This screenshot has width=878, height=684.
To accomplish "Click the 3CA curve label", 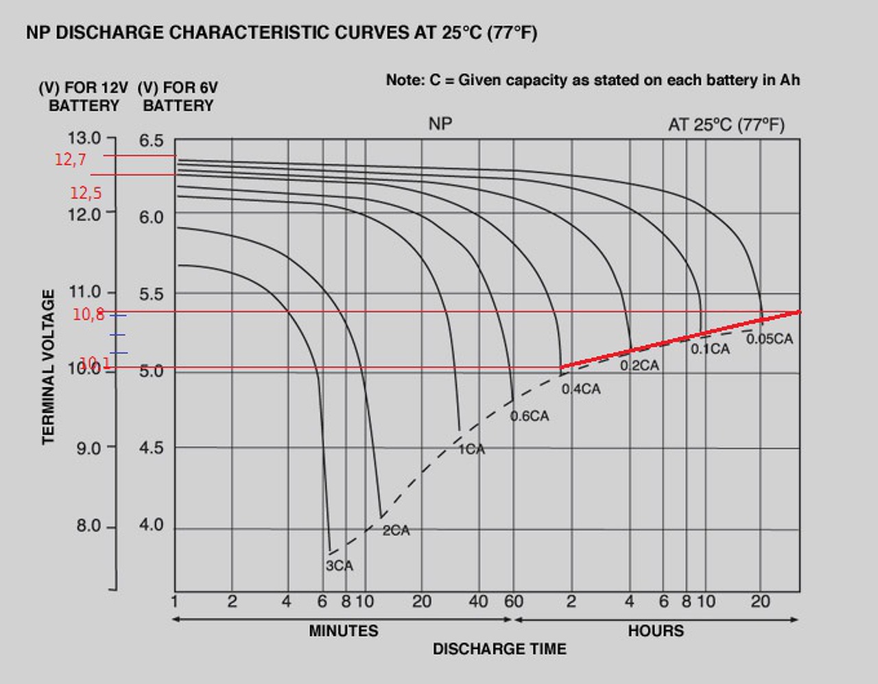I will pyautogui.click(x=339, y=566).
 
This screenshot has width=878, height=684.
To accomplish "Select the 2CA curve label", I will pyautogui.click(x=396, y=531).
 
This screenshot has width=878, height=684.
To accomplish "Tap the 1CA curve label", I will pyautogui.click(x=471, y=449).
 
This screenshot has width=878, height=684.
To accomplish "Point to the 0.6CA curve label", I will pyautogui.click(x=530, y=416).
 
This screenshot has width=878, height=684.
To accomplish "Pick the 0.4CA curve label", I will pyautogui.click(x=581, y=390).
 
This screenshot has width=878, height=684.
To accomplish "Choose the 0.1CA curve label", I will pyautogui.click(x=710, y=349).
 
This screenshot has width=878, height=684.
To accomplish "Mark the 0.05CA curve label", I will pyautogui.click(x=769, y=339).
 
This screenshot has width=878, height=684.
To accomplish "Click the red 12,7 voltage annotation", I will pyautogui.click(x=71, y=160).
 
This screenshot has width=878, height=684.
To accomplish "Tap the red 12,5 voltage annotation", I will pyautogui.click(x=86, y=193).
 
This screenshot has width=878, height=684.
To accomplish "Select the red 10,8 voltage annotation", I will pyautogui.click(x=88, y=315).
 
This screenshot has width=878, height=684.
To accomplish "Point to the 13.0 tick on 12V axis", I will pyautogui.click(x=84, y=139).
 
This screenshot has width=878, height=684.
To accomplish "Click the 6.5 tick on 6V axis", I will pyautogui.click(x=152, y=141).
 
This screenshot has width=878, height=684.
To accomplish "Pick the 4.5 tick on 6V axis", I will pyautogui.click(x=152, y=448).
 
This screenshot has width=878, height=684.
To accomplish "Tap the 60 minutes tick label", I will pyautogui.click(x=513, y=602).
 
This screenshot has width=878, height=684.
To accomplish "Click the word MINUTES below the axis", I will pyautogui.click(x=343, y=631).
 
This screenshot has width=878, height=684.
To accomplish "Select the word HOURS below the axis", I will pyautogui.click(x=656, y=631).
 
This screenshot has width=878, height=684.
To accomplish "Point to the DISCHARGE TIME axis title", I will pyautogui.click(x=499, y=649).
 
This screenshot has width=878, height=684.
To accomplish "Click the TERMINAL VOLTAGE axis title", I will pyautogui.click(x=49, y=367).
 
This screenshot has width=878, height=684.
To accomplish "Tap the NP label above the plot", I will pyautogui.click(x=440, y=124).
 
